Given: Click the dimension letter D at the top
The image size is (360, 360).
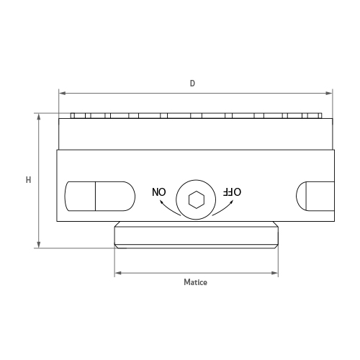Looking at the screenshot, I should point(192,84).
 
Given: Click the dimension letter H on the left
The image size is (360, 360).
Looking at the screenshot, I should point(28,179).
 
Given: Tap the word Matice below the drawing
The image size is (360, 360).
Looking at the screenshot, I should point(195,283).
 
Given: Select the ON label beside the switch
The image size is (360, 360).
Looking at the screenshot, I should point(158,192).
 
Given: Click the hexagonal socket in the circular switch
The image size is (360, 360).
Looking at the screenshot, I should point(195,199).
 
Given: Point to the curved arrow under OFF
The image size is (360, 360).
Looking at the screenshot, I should point(225,207).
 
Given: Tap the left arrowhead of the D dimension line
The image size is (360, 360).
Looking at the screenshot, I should point(62,93).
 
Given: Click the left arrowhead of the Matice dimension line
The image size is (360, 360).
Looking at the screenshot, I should point(118,273).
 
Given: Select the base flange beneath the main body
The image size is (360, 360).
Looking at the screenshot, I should point(196,235).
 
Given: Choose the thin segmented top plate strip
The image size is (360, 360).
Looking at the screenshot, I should point(196,115).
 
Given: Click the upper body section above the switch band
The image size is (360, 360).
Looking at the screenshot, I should point(196,134).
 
